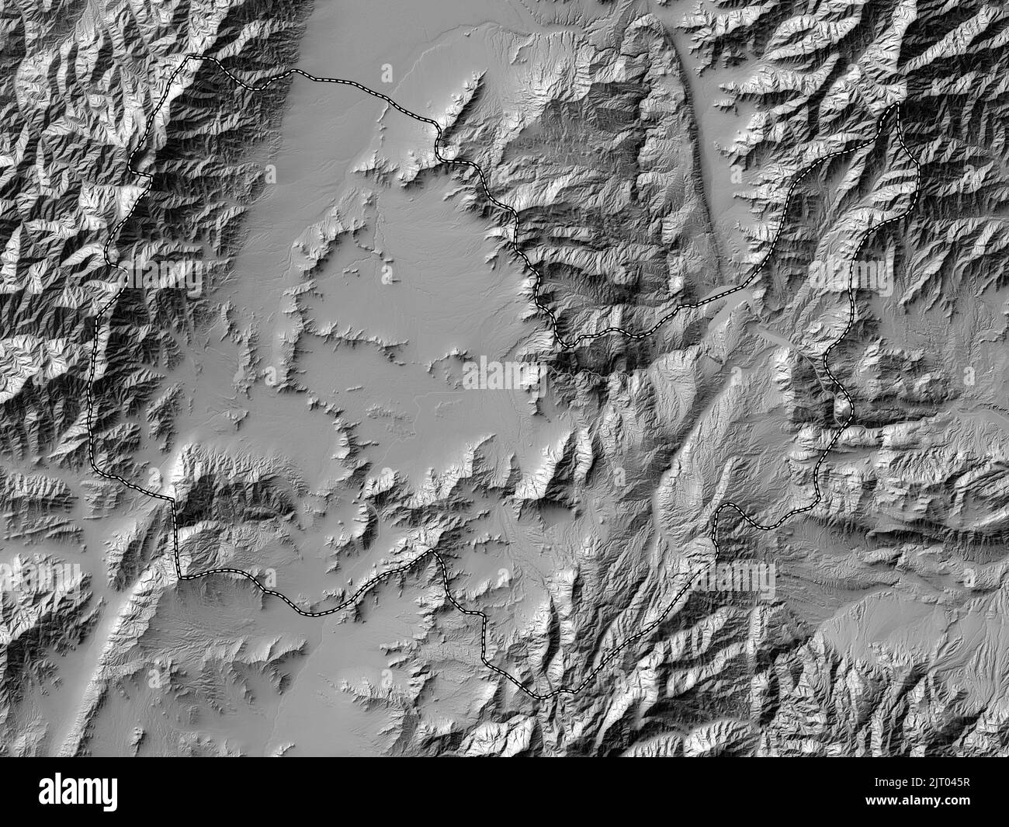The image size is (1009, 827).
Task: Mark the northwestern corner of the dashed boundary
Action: pos(193,57)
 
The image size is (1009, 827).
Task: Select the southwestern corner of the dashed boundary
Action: pos(179,575)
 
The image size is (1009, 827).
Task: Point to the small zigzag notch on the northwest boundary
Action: pos(140,175)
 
